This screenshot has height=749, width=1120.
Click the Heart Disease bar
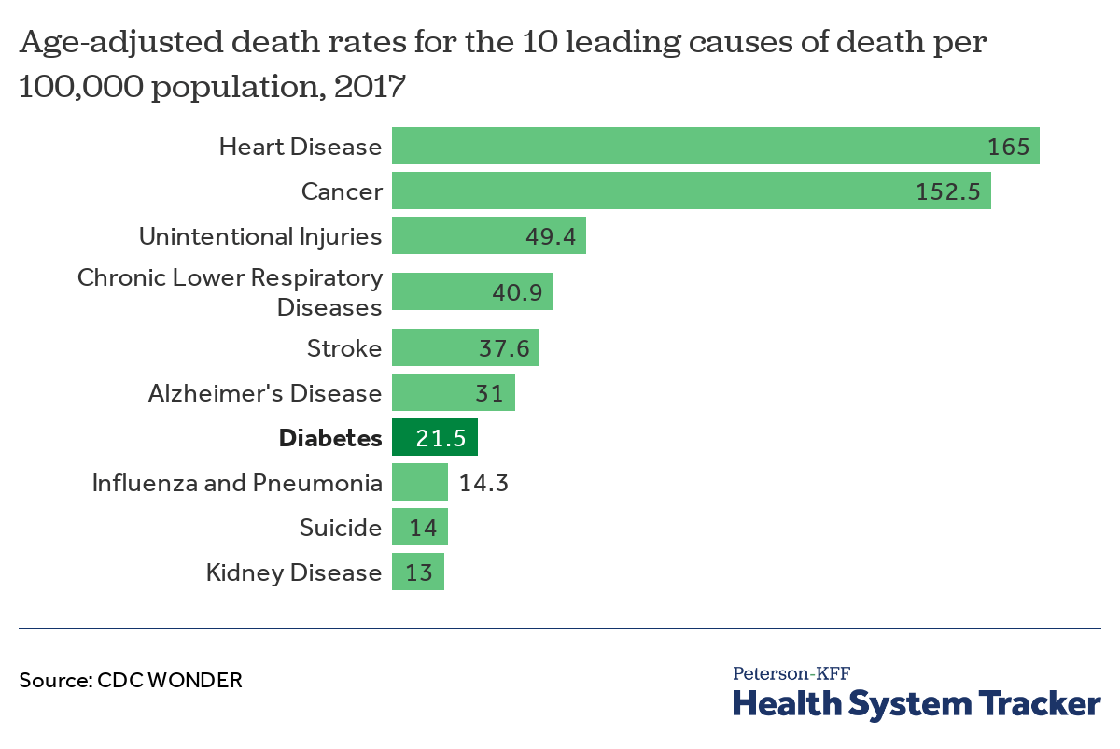pyautogui.click(x=715, y=147)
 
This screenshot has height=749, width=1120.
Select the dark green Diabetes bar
pyautogui.click(x=435, y=438)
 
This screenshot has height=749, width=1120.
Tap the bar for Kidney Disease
pyautogui.click(x=418, y=572)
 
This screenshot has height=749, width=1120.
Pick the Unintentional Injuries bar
pyautogui.click(x=488, y=236)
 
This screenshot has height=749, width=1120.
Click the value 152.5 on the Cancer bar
pyautogui.click(x=947, y=191)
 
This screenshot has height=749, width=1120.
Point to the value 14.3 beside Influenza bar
pyautogui.click(x=483, y=483)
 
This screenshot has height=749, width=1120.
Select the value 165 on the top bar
pyautogui.click(x=1008, y=147)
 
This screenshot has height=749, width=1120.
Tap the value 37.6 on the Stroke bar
pyautogui.click(x=504, y=348)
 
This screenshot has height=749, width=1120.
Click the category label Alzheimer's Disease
pyautogui.click(x=265, y=393)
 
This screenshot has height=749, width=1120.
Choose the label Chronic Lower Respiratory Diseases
pyautogui.click(x=230, y=292)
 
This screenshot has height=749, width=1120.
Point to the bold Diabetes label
pyautogui.click(x=330, y=438)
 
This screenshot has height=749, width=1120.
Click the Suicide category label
pyautogui.click(x=341, y=528)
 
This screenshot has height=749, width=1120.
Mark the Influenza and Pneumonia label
pyautogui.click(x=237, y=483)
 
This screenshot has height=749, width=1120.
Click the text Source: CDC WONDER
pyautogui.click(x=131, y=680)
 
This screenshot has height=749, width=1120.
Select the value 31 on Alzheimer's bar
pyautogui.click(x=488, y=393)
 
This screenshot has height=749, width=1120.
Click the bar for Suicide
pyautogui.click(x=420, y=528)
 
